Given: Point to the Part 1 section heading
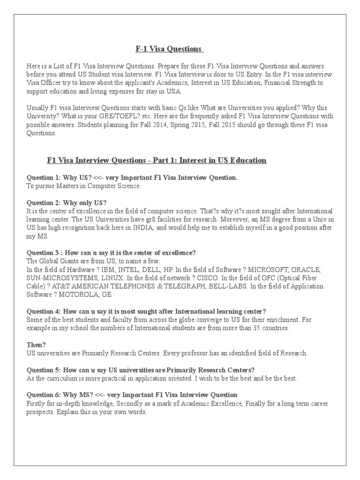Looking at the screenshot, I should (x=157, y=160).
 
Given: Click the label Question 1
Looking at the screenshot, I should (x=45, y=178).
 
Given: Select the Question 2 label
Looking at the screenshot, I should (x=45, y=202).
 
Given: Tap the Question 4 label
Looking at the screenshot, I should (x=45, y=311).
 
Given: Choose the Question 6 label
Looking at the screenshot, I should (x=45, y=395).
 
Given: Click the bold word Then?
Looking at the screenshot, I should (x=36, y=345).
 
